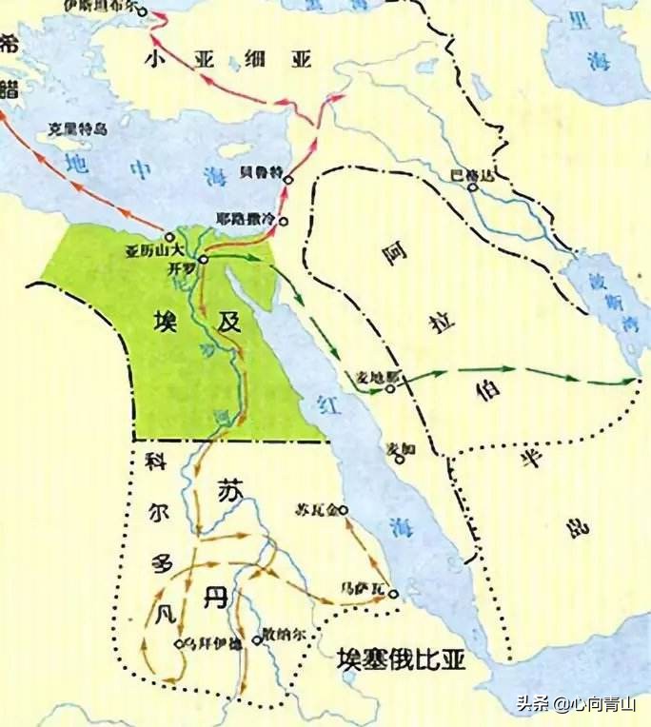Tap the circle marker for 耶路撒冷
point(283,222)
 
